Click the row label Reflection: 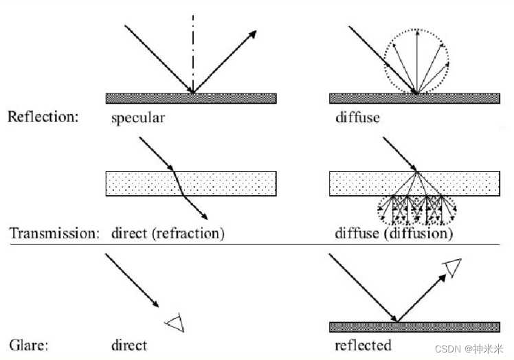pyautogui.click(x=43, y=117)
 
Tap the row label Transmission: pyautogui.click(x=54, y=234)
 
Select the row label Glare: pyautogui.click(x=29, y=344)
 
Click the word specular pyautogui.click(x=138, y=117)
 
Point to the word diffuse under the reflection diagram pyautogui.click(x=357, y=117)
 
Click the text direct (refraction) pyautogui.click(x=168, y=234)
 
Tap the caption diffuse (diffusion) pyautogui.click(x=394, y=234)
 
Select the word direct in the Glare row pyautogui.click(x=128, y=344)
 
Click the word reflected pyautogui.click(x=363, y=344)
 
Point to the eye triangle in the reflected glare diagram pyautogui.click(x=451, y=268)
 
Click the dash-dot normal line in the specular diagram pyautogui.click(x=193, y=48)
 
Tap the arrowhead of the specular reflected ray pyautogui.click(x=254, y=34)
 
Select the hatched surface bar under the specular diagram pyautogui.click(x=191, y=98)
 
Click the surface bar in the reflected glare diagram pyautogui.click(x=414, y=326)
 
